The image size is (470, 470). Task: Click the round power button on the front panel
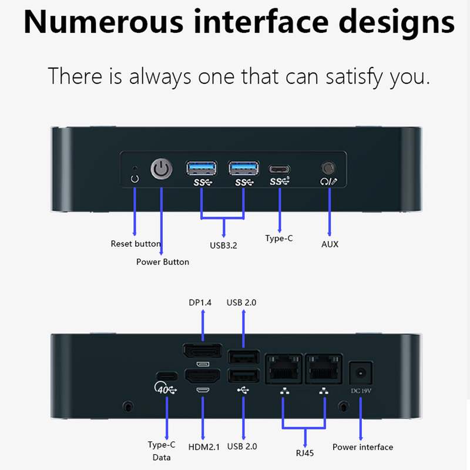tap(162, 169)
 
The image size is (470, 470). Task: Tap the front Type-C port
tap(280, 169)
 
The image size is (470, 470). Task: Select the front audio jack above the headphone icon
tap(328, 168)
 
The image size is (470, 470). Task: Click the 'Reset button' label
tap(136, 244)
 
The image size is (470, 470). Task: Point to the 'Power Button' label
tap(163, 262)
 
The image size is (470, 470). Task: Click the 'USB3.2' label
tap(223, 246)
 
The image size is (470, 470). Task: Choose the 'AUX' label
tap(330, 244)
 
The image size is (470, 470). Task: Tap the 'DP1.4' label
tap(200, 303)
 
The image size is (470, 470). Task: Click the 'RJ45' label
tap(305, 452)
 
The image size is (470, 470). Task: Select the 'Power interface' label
tap(362, 447)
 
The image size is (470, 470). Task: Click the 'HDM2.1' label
tap(204, 447)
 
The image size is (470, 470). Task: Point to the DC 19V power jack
tap(361, 373)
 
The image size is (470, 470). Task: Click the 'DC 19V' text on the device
tap(361, 391)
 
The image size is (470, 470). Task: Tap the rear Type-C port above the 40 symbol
tap(167, 376)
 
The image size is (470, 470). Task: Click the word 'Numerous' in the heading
tap(103, 22)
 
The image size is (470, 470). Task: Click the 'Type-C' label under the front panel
tap(279, 239)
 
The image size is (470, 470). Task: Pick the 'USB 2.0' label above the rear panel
tap(241, 303)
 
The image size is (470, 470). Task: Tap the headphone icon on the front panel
tap(324, 182)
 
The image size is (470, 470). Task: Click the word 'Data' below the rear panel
tap(162, 458)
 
